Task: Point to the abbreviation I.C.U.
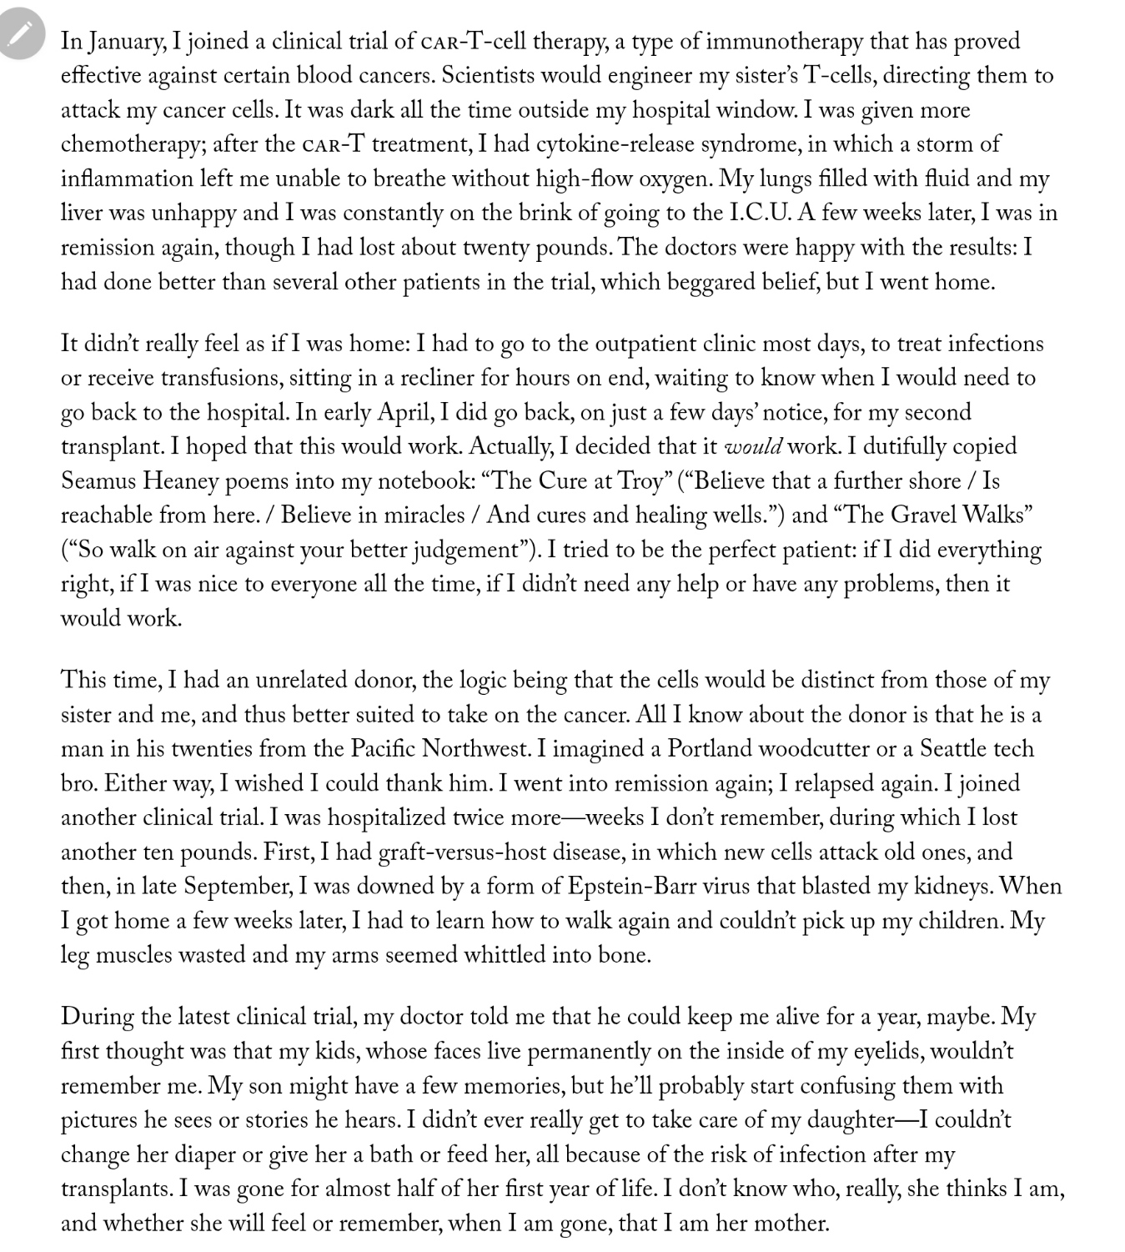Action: coord(759,213)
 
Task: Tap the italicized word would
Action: coord(753,447)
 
